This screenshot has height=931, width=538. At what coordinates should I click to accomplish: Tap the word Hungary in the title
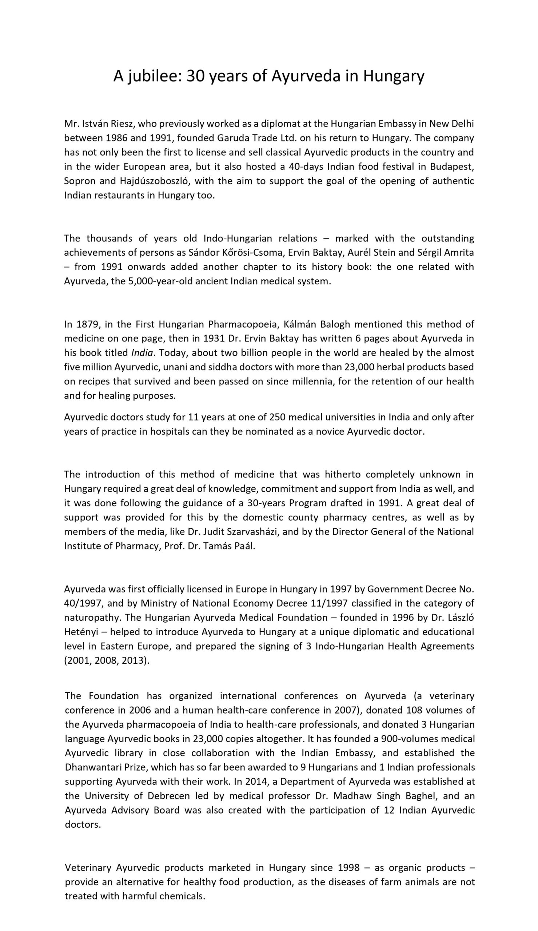click(394, 76)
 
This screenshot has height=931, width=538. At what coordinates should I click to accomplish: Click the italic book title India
click(142, 353)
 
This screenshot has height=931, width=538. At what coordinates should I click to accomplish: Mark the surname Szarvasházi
click(266, 532)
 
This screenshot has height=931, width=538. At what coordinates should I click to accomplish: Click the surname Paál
click(243, 546)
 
